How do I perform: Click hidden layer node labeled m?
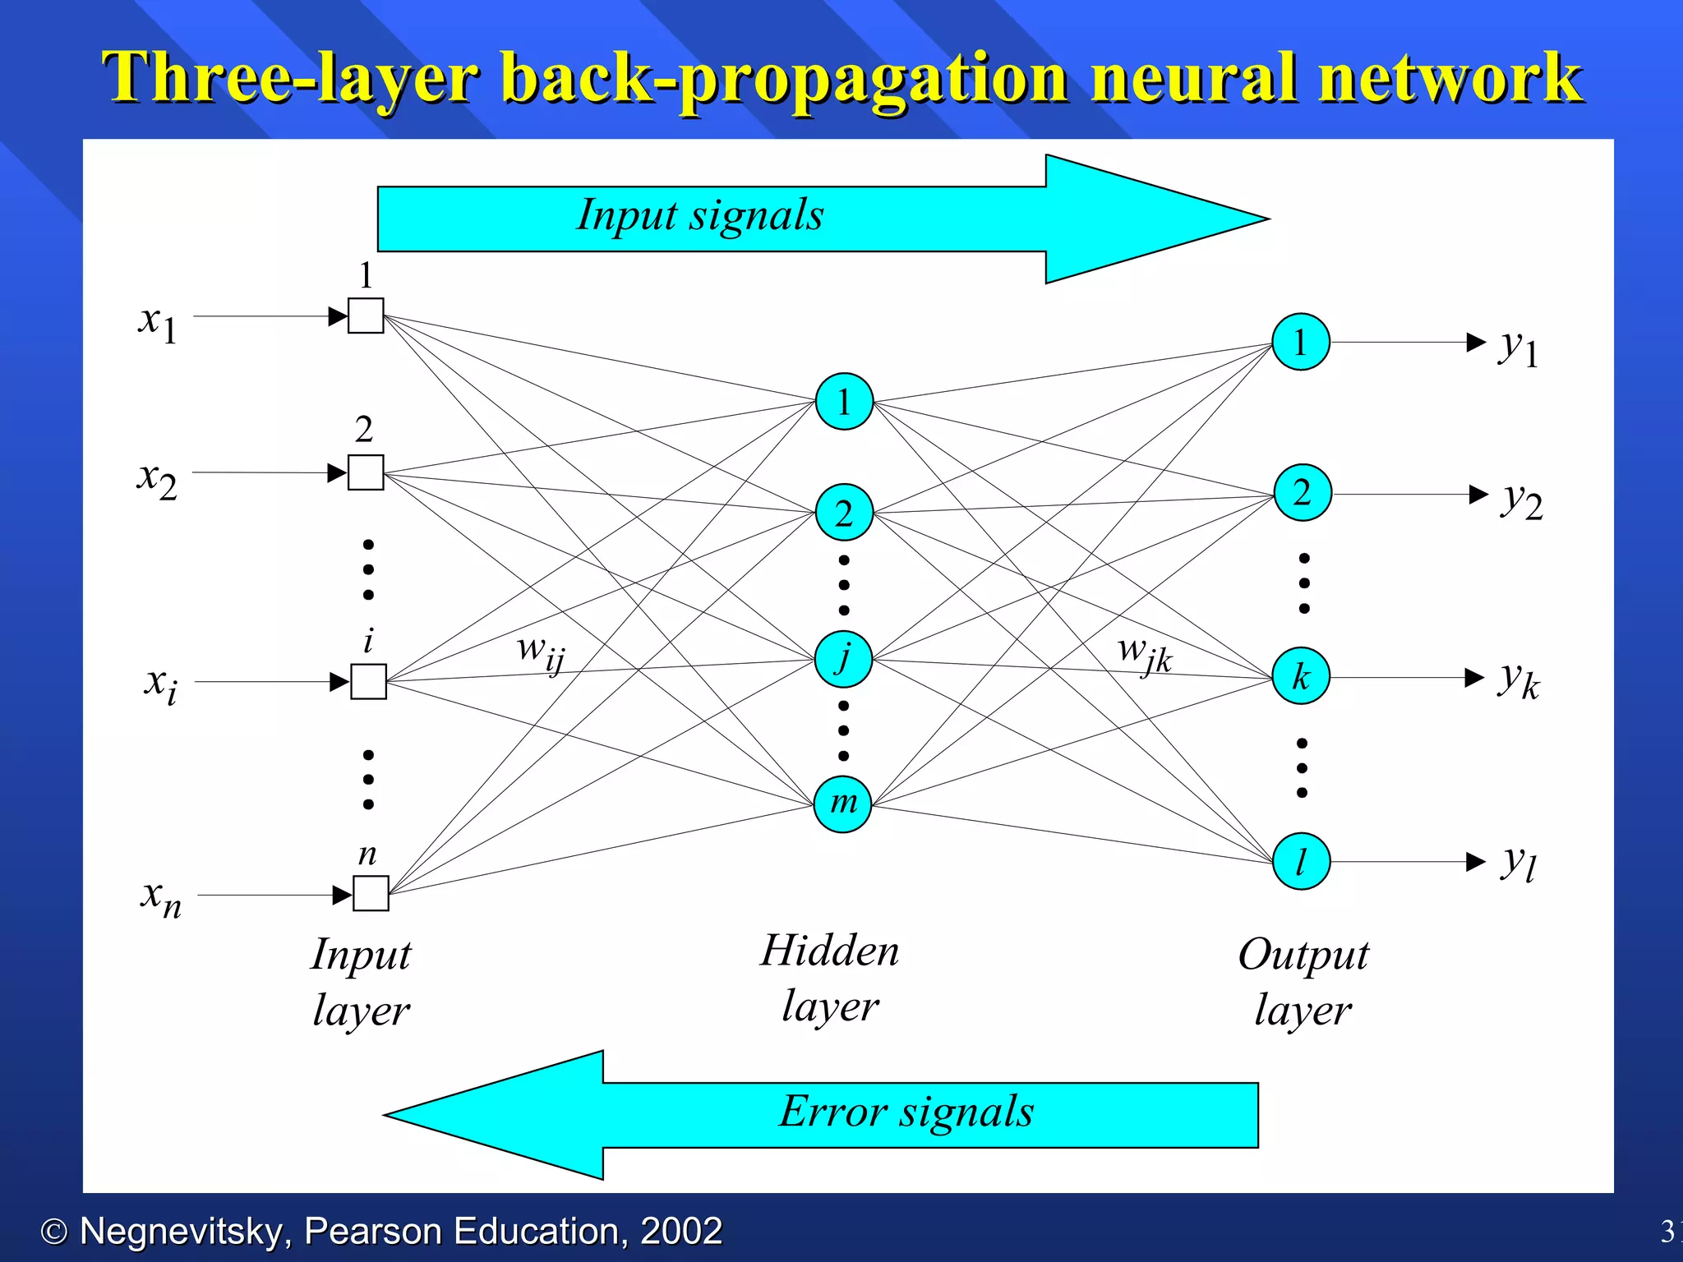click(x=842, y=804)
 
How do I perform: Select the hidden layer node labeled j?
click(x=843, y=659)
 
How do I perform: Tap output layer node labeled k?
click(x=1301, y=676)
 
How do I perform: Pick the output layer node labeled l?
click(x=1301, y=861)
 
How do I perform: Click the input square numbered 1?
click(x=366, y=315)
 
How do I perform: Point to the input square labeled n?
click(x=371, y=893)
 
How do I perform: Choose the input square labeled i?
click(x=369, y=681)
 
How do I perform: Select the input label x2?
click(x=157, y=479)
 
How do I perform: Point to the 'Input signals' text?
click(x=699, y=216)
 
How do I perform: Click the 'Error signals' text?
click(x=906, y=1112)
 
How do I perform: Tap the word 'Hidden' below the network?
click(x=829, y=951)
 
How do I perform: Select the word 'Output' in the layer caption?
click(x=1303, y=955)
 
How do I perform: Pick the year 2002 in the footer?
click(x=680, y=1231)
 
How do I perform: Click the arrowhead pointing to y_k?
click(x=1475, y=678)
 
